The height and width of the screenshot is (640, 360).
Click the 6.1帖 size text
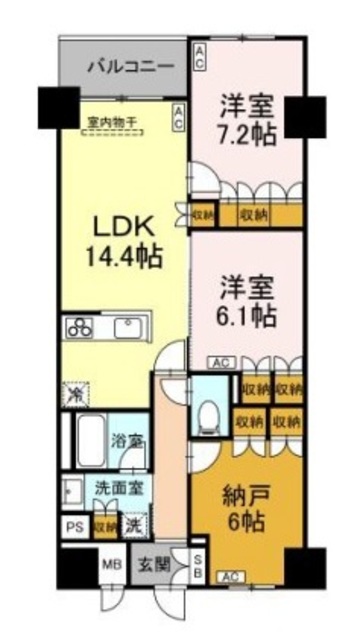tap(245, 315)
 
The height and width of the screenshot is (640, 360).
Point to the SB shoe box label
tap(198, 565)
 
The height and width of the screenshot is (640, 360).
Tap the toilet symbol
tap(209, 412)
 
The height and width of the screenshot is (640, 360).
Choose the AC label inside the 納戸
tap(231, 576)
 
